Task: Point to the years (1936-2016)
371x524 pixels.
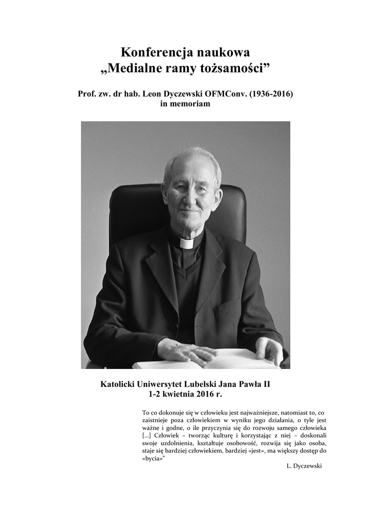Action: (x=271, y=95)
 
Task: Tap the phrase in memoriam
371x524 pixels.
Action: (x=185, y=104)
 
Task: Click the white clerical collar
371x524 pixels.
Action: (x=187, y=243)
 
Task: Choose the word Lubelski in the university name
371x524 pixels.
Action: (x=200, y=385)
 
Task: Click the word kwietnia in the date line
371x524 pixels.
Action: (x=183, y=395)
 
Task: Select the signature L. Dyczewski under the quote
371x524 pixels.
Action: (x=304, y=466)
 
